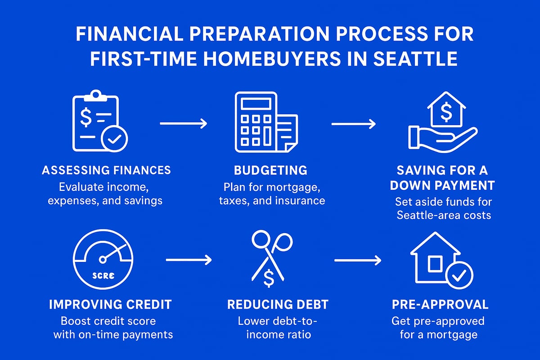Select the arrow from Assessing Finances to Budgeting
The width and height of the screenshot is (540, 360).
183,123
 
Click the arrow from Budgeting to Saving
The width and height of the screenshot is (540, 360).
353,123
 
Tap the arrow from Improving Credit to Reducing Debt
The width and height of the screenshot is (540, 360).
189,260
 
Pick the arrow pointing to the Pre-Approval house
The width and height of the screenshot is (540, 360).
358,260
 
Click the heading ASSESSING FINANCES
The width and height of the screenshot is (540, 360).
106,170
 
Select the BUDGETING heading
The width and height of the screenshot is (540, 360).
271,170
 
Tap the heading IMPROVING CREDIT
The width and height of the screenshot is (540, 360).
110,304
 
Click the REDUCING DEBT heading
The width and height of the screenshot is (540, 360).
278,304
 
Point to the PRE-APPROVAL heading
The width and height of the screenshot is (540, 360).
440,304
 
